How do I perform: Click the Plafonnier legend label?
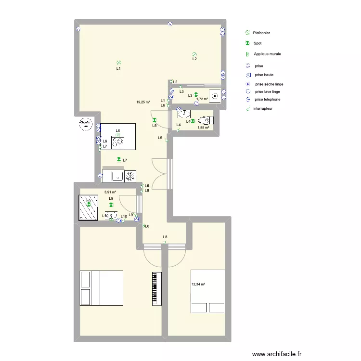tap(261, 33)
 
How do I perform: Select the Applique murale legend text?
tap(267, 54)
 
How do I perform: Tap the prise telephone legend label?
tap(268, 99)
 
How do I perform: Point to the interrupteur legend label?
tap(263, 109)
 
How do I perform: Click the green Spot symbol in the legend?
tap(246, 43)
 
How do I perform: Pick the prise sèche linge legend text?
tap(269, 84)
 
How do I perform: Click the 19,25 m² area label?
tap(143, 102)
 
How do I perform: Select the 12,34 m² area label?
tap(198, 284)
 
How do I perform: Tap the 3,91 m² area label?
tap(110, 192)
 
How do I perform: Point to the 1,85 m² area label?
tap(204, 128)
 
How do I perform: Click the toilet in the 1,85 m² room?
tap(206, 119)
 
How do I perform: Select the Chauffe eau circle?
tap(86, 124)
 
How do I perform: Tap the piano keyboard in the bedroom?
tap(155, 288)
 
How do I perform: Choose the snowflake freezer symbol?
tap(130, 176)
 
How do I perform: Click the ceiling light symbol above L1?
tap(118, 62)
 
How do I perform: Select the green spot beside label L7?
tap(118, 160)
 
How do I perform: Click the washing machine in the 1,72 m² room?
tap(215, 95)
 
